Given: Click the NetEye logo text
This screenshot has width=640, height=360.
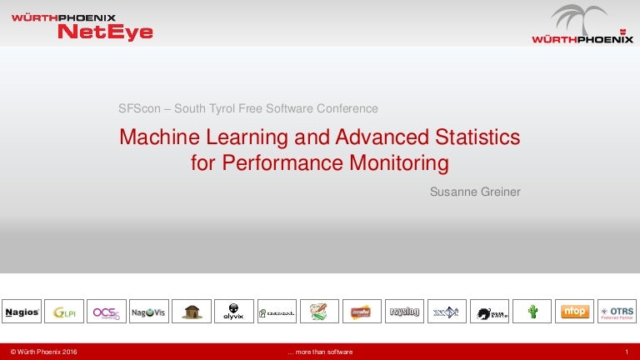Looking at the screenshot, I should click(105, 32).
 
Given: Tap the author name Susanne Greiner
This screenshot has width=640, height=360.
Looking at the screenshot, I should click(474, 192).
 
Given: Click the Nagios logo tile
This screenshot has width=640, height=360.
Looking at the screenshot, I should click(22, 312).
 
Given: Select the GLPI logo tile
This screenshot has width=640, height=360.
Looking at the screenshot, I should click(64, 312).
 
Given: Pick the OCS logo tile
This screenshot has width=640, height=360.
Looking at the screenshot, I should click(107, 312).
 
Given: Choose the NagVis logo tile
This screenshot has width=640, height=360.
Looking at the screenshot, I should click(149, 312).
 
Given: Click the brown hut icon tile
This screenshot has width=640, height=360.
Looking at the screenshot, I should click(192, 312).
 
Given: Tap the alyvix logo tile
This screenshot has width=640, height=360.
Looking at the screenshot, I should click(234, 312).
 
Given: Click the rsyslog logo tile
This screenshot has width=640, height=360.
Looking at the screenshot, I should click(404, 312).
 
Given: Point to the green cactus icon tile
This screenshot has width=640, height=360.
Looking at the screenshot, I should click(532, 312).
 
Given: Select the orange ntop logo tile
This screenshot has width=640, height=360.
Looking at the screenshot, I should click(574, 312).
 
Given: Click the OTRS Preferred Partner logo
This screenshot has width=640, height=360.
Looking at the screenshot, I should click(617, 312).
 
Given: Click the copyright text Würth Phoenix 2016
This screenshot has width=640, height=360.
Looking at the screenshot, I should click(43, 352).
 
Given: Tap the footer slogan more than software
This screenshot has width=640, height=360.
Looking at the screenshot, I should click(320, 352).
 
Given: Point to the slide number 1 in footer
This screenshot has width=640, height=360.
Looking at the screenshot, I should click(625, 352).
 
